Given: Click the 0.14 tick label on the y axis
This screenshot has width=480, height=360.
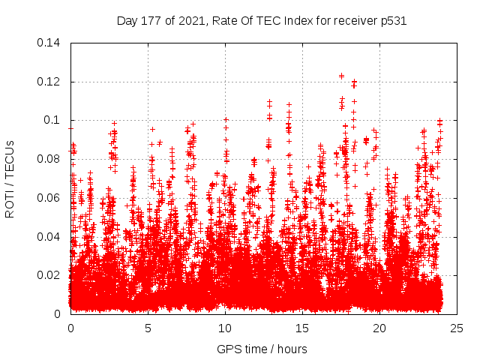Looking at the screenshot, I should click(x=49, y=43).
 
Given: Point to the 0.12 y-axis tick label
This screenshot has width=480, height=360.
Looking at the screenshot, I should click(x=49, y=82).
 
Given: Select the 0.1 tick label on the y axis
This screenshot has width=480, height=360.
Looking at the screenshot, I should click(x=52, y=120).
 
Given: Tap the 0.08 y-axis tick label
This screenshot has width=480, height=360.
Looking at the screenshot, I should click(x=49, y=159).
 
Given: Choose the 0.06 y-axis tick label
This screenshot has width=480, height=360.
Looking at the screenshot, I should click(x=49, y=198).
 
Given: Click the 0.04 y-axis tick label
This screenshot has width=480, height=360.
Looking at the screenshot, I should click(x=49, y=237).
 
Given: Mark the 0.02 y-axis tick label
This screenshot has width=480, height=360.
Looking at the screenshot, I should click(x=49, y=275).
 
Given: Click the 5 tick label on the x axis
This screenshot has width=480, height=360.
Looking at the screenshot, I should click(x=148, y=328).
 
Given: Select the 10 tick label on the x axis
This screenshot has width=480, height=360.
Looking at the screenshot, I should click(x=225, y=328).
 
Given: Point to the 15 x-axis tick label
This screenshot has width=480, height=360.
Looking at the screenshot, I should click(x=302, y=328).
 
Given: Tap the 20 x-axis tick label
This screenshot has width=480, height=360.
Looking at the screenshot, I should click(x=379, y=328).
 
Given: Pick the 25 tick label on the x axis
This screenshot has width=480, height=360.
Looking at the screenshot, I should click(x=457, y=328).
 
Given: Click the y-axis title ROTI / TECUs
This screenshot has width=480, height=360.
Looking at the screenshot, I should click(x=10, y=178).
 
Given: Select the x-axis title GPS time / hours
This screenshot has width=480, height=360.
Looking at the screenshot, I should click(x=262, y=349).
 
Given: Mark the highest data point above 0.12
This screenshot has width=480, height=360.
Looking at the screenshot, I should click(x=341, y=76).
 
